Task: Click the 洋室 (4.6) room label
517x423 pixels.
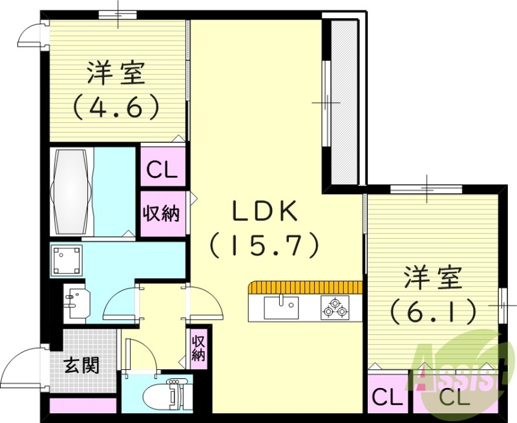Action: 116,91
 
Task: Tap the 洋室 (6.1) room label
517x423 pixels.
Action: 433,294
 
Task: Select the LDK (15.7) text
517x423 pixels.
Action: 265,226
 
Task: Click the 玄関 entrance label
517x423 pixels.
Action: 81,365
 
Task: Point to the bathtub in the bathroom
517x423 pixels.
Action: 71,191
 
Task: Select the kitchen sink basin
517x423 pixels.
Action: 281,306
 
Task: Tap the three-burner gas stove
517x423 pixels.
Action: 335,307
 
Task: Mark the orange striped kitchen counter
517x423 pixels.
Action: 304,287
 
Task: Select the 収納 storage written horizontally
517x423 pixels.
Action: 162,213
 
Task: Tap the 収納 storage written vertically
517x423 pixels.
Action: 198,348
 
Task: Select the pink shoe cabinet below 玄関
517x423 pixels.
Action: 83,406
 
